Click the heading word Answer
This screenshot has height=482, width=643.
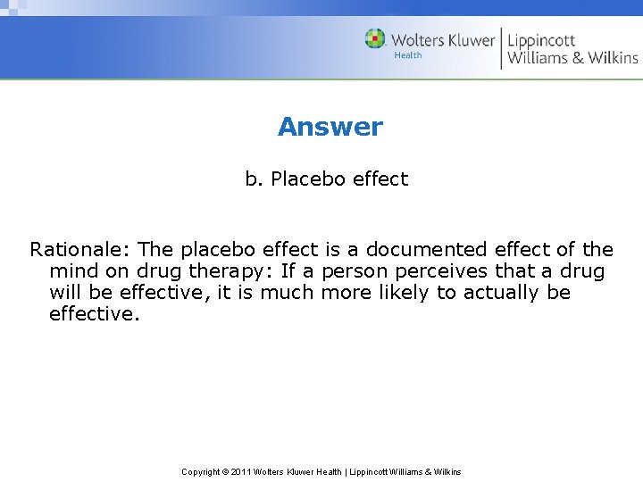tap(330, 127)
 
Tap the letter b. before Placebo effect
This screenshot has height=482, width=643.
tap(255, 179)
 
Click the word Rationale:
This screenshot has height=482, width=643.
tap(80, 250)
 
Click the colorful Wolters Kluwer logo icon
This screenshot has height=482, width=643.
tap(375, 39)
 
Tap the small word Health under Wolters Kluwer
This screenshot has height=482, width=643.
tap(408, 55)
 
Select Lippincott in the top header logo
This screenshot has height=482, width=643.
tap(541, 41)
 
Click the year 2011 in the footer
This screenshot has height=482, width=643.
tap(242, 471)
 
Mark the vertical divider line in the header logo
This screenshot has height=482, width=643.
tap(501, 48)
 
